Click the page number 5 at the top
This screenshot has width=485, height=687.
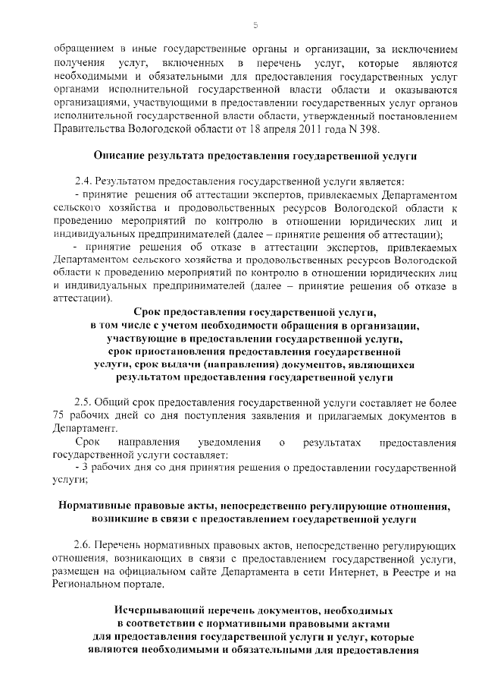[255, 25]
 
